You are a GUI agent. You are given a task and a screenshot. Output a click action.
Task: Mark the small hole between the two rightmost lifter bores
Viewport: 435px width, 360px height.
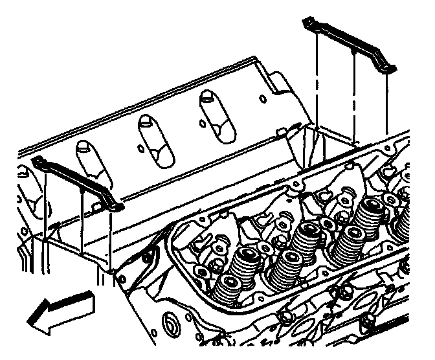pyautogui.click(x=203, y=122)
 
